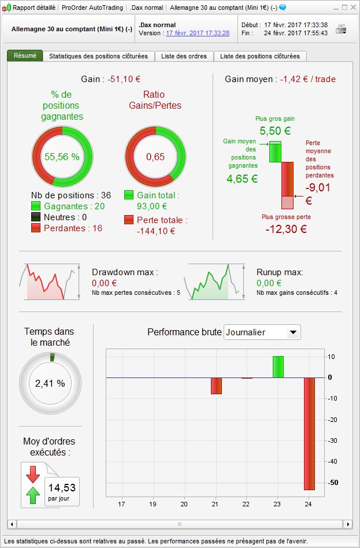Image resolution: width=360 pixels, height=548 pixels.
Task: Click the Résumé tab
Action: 25,56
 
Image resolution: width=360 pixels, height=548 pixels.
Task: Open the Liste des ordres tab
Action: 184,56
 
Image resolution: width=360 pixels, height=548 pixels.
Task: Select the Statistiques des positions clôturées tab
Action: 98,56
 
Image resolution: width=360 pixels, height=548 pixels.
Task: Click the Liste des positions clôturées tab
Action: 260,56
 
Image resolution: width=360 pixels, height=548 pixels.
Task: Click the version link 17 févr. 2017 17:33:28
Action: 198,34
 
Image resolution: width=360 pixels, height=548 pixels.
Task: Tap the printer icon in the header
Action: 341,29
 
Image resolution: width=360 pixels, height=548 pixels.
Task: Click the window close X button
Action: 352,8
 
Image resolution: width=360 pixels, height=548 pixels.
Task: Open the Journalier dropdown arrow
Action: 294,332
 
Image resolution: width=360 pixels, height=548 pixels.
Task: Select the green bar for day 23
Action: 278,366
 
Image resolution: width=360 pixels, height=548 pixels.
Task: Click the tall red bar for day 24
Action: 309,434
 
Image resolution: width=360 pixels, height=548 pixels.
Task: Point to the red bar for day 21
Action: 216,386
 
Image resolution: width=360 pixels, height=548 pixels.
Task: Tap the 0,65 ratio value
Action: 155,157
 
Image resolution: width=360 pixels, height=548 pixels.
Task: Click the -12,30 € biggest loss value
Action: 283,229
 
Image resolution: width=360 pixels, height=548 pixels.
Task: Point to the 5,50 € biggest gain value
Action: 275,131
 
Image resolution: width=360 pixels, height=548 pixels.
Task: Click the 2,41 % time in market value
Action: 50,383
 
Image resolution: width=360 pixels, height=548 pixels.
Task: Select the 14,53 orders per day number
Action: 62,486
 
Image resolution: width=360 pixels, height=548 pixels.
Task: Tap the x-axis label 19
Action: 153,504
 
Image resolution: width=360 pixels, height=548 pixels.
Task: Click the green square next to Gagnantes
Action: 36,206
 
